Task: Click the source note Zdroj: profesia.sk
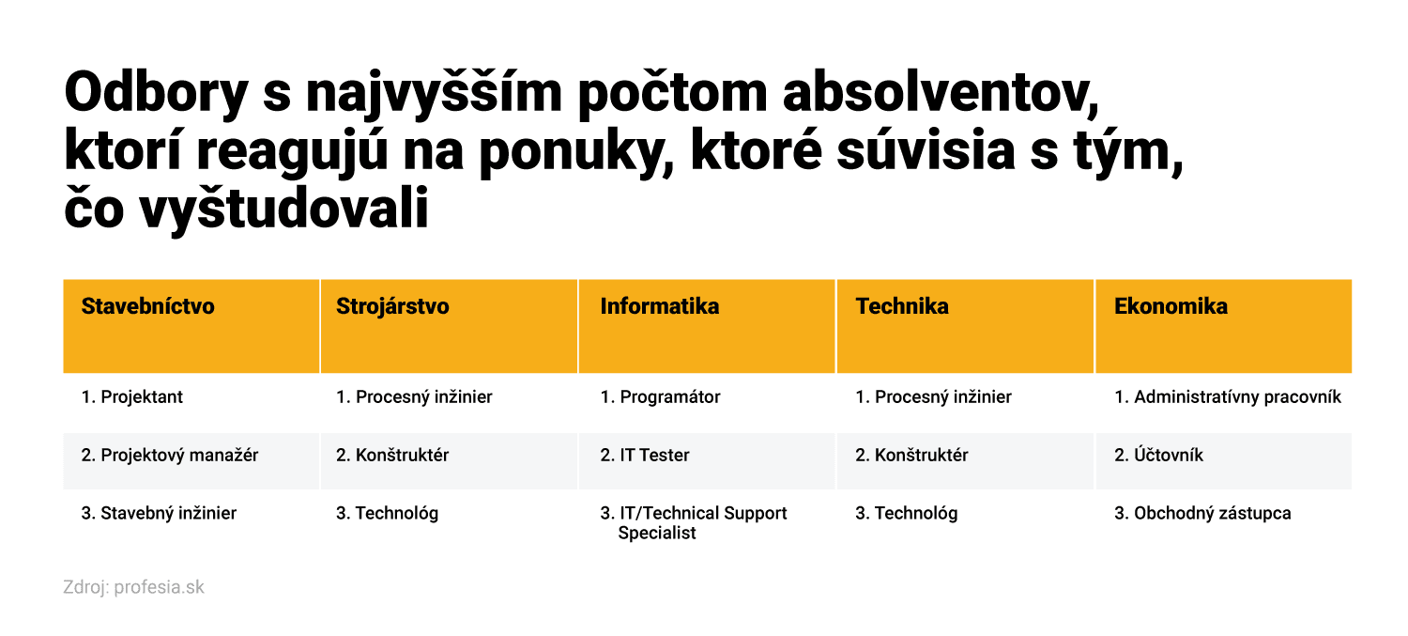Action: (133, 587)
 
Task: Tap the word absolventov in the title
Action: (941, 93)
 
